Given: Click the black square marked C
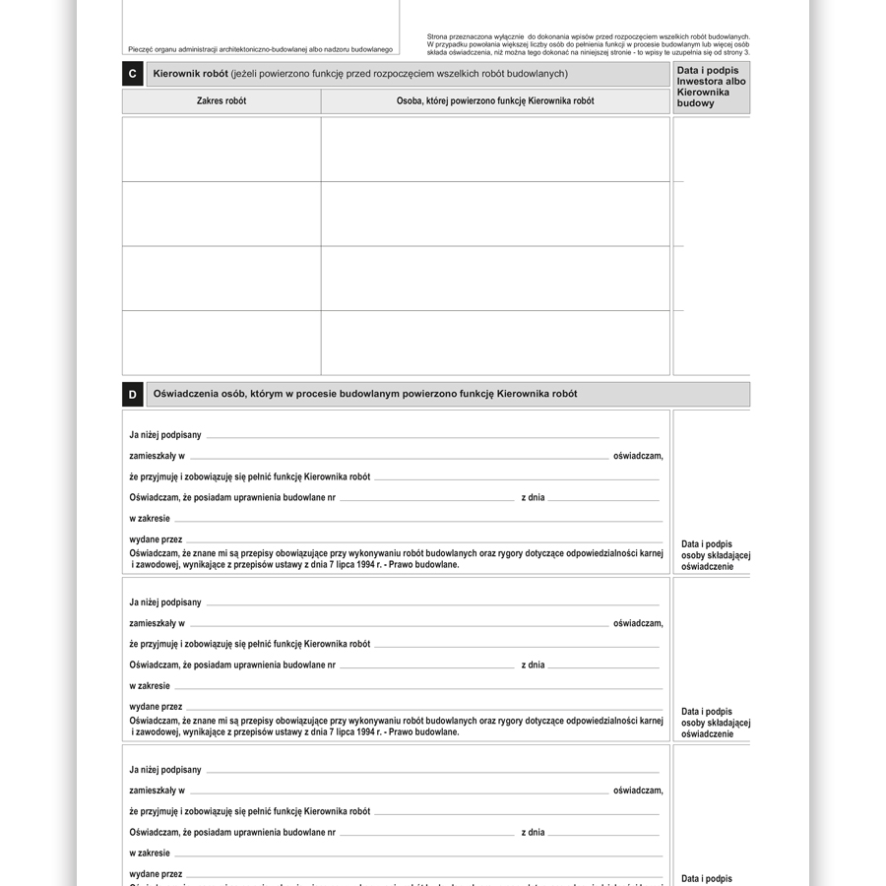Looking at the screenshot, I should click(x=133, y=74).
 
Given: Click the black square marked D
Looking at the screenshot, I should click(x=133, y=395).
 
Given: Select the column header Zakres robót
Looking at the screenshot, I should click(x=221, y=101).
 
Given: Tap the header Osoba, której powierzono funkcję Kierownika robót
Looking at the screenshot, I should click(x=495, y=101).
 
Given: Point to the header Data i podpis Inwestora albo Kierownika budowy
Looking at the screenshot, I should click(x=711, y=87).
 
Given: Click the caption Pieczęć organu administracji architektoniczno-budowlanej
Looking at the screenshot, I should click(x=260, y=49).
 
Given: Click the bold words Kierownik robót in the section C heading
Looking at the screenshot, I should click(x=190, y=74).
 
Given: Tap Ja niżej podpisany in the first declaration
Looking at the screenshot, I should click(x=165, y=435).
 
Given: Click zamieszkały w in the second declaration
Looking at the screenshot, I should click(x=157, y=623).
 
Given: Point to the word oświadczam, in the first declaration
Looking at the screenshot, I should click(x=638, y=456).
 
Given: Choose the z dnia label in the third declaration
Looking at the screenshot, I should click(x=533, y=833).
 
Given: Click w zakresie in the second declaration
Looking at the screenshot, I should click(x=150, y=686).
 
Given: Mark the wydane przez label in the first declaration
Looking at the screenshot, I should click(x=156, y=539).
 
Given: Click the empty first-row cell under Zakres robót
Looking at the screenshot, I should click(x=221, y=150).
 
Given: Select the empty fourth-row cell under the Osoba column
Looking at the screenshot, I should click(x=495, y=343).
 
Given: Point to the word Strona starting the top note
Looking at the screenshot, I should click(x=438, y=36).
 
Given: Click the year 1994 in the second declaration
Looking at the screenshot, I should click(x=368, y=732).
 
